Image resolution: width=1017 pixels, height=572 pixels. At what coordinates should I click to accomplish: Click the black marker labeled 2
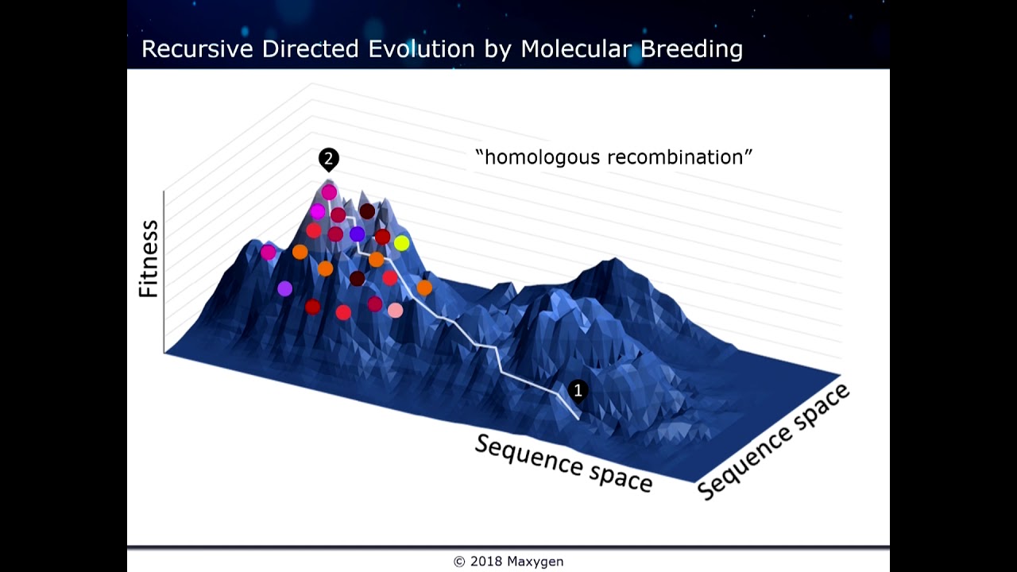[328, 158]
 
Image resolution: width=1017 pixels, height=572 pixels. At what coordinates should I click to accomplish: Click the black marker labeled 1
[578, 390]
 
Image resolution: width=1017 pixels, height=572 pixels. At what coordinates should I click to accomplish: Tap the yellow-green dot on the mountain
[401, 243]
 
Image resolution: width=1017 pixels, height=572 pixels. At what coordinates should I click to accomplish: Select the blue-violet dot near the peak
[357, 234]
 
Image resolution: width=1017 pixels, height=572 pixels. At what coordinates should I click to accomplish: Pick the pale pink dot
[395, 310]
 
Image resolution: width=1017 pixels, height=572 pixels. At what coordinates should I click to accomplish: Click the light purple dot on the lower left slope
[284, 288]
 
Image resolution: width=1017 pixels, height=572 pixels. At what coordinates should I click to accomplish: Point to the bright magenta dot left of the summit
[317, 211]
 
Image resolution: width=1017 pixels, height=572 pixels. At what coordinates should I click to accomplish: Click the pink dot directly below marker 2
[329, 192]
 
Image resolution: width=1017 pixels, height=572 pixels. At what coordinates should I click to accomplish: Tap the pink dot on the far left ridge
[269, 252]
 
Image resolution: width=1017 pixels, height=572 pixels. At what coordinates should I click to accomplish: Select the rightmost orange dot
[424, 287]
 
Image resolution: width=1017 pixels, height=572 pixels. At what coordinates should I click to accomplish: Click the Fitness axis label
[149, 260]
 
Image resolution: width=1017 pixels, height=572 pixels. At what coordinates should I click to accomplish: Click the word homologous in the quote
[539, 157]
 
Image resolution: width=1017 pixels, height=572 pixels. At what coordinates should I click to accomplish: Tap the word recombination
[680, 157]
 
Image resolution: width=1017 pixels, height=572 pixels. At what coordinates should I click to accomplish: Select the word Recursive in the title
[198, 49]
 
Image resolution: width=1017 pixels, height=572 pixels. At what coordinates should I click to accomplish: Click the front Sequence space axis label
[563, 463]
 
